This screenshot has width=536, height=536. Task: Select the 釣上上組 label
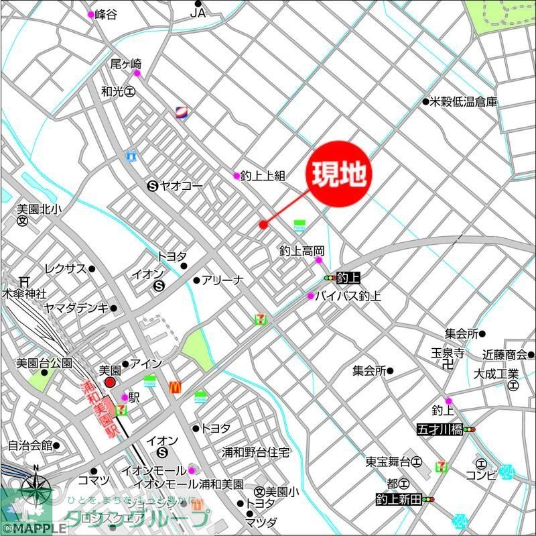click(263, 176)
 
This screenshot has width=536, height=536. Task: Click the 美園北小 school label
click(39, 210)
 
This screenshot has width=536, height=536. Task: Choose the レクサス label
click(66, 269)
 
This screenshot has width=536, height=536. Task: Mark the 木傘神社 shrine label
click(24, 294)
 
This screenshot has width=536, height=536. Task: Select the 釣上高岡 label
click(301, 250)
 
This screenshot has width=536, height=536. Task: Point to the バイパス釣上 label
click(348, 296)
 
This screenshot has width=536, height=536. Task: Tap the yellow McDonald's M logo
click(176, 387)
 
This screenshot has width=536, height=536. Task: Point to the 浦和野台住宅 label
click(257, 453)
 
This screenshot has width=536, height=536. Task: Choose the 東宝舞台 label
click(388, 462)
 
